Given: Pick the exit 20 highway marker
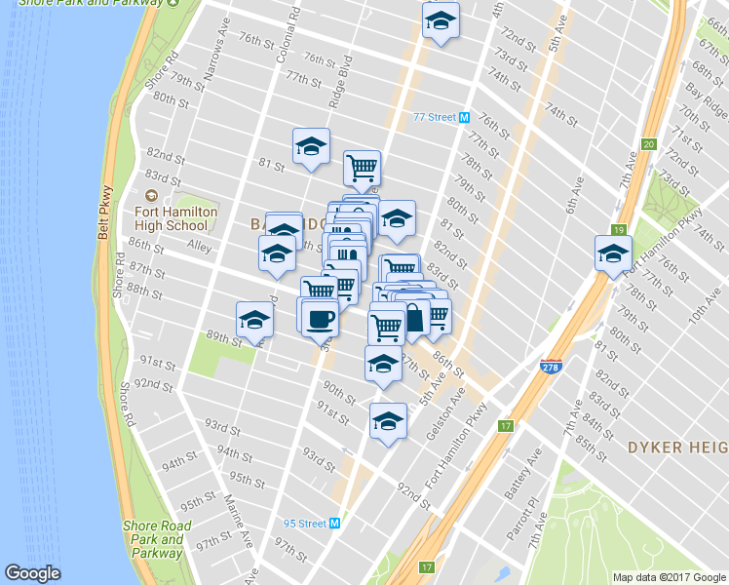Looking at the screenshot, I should tap(648, 144).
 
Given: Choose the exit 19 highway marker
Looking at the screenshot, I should tap(617, 230).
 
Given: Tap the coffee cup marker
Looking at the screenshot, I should tap(320, 318).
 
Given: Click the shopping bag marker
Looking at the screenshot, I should tap(414, 319).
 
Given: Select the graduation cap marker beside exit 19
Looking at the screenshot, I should tap(613, 254).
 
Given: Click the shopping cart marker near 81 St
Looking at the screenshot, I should tap(362, 169).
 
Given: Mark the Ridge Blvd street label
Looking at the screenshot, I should tap(339, 82).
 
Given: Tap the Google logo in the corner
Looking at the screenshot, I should tap(32, 573).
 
